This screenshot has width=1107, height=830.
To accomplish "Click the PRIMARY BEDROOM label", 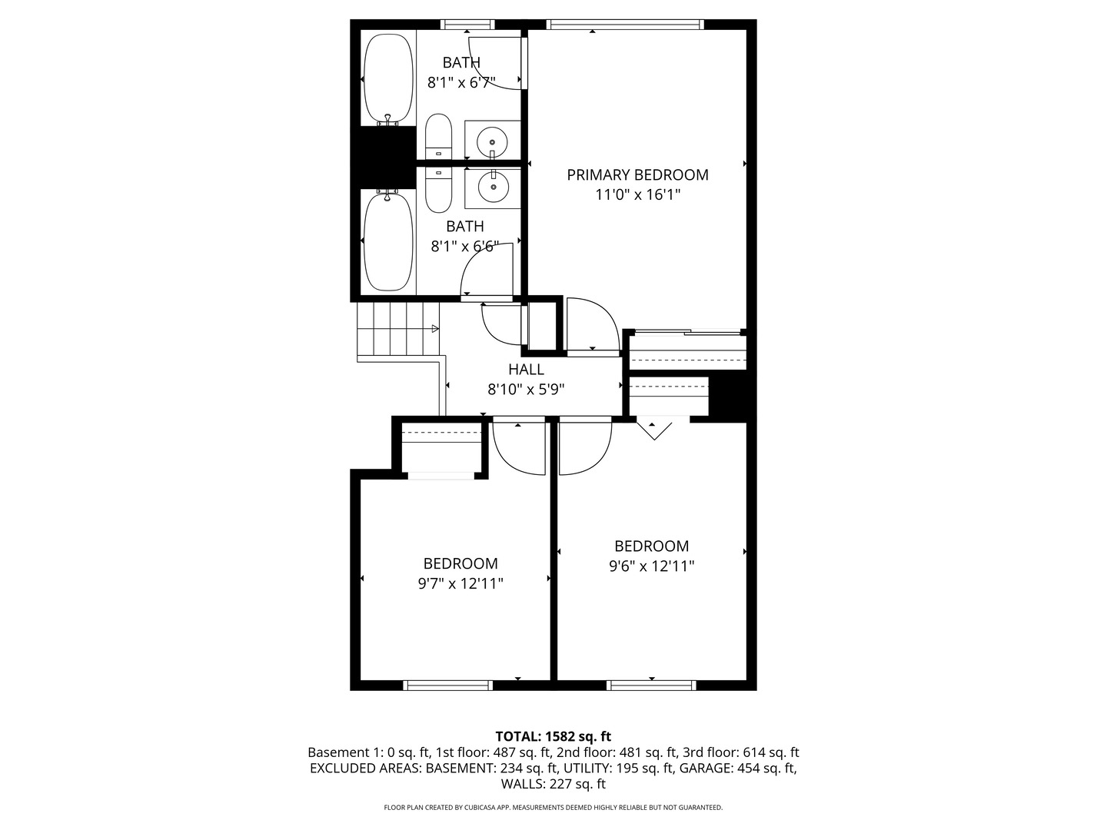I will pos(637,174).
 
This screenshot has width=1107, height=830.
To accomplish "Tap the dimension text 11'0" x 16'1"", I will pos(637,195).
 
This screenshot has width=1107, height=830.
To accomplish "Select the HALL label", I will pos(526,370).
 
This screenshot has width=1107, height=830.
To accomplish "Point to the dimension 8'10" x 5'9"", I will pos(526,390).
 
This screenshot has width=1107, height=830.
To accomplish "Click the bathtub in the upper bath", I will pos(388,78).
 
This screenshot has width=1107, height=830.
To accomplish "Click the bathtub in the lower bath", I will pos(388,241).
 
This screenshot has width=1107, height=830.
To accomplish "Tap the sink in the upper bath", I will pos(492,141).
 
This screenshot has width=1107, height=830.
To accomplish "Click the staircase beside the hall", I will pos(397,330).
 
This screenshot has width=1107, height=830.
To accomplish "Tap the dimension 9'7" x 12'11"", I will pos(460,583).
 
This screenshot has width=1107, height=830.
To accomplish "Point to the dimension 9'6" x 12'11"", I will pos(651,566).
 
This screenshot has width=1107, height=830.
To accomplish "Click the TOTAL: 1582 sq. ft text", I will pos(553,736).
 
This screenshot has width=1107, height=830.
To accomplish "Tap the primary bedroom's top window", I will pos(625,25).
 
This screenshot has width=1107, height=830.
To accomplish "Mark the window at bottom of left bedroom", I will pos(447,686).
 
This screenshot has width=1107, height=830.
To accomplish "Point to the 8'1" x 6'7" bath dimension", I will pos(461,82).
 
